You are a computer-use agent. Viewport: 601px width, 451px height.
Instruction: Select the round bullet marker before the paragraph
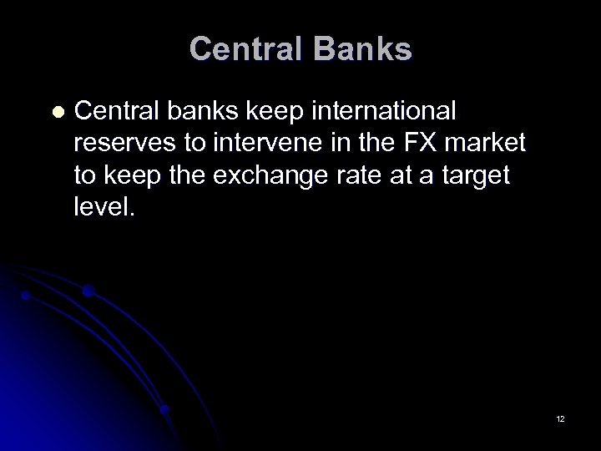pyautogui.click(x=58, y=111)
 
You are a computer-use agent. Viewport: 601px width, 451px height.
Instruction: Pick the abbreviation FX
pyautogui.click(x=420, y=143)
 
